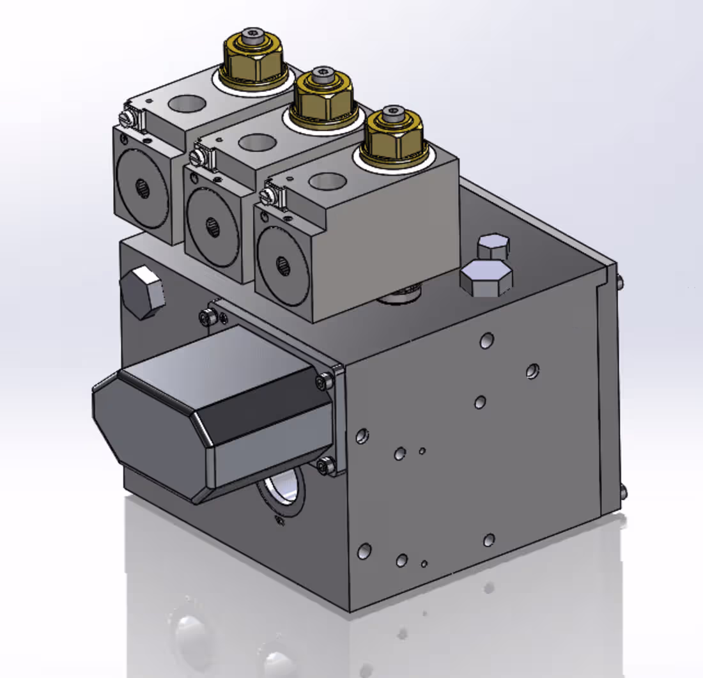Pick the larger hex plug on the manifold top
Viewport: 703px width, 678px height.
[486, 278]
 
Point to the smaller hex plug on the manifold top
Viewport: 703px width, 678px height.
[493, 246]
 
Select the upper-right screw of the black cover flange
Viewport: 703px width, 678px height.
[325, 381]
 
